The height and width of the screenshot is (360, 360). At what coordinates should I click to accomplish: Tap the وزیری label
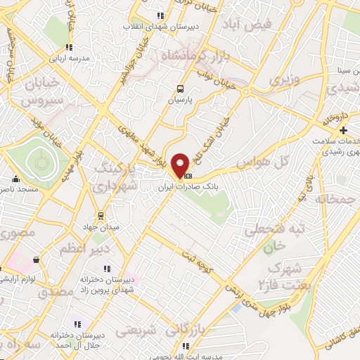pyautogui.click(x=285, y=79)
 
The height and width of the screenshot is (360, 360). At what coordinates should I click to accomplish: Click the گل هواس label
pyautogui.click(x=264, y=162)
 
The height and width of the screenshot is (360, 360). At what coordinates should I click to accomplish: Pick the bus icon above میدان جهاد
pyautogui.click(x=101, y=215)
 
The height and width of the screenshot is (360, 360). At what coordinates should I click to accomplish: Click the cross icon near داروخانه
pyautogui.click(x=343, y=131)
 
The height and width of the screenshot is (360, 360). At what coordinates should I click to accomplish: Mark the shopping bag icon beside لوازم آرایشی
pyautogui.click(x=35, y=260)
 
